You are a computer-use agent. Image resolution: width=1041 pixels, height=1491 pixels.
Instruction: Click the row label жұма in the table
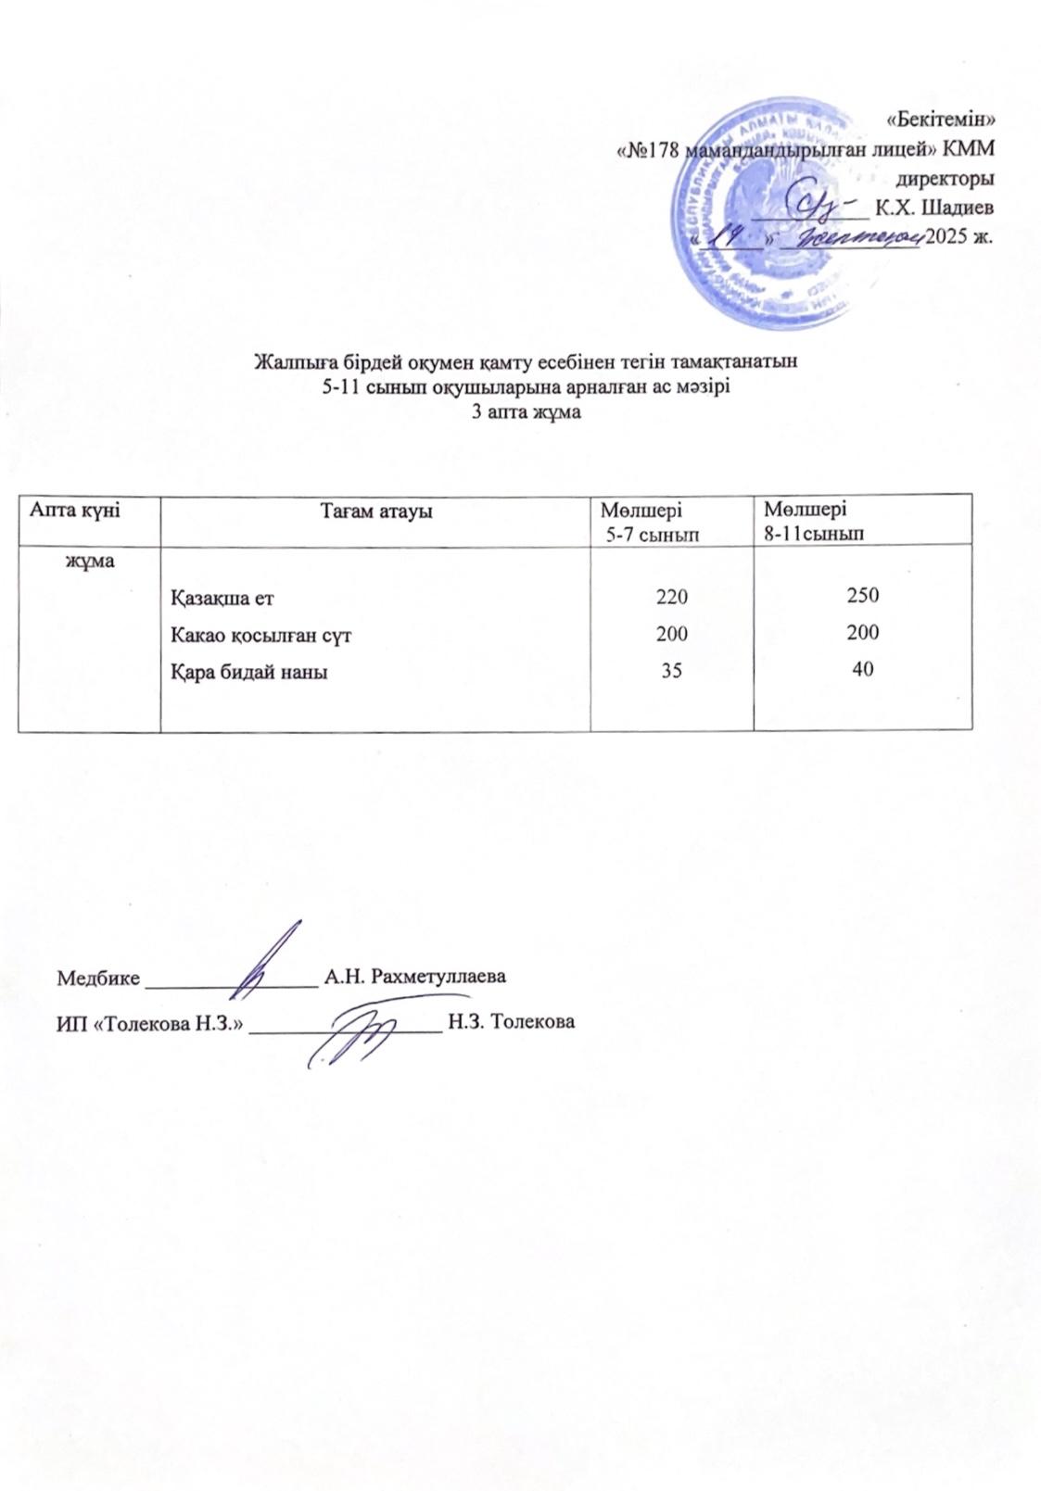(88, 562)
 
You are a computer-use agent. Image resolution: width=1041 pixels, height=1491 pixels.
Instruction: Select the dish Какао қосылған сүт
(260, 636)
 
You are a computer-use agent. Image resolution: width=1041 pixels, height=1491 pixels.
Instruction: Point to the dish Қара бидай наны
(248, 673)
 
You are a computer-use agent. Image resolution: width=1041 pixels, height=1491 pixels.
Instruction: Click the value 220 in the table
(672, 598)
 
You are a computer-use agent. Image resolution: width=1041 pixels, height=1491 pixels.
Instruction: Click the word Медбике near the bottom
(99, 978)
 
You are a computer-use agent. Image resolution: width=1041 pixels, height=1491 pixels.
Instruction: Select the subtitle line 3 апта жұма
(526, 413)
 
